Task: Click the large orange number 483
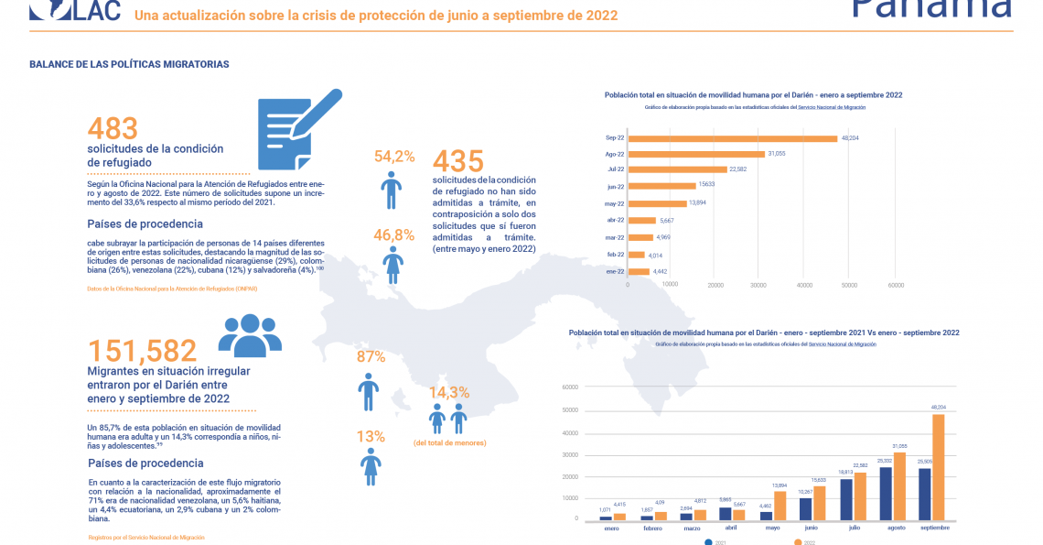113,129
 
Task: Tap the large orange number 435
457,161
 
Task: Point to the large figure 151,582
142,351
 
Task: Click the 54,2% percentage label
394,157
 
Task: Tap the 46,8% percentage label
394,235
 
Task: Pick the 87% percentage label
371,357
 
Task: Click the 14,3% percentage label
449,392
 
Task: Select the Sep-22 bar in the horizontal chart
732,138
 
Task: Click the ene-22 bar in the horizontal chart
639,271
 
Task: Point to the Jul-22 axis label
615,169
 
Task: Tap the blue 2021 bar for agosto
885,494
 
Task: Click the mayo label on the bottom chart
773,528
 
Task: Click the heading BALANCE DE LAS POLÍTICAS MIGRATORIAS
129,64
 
